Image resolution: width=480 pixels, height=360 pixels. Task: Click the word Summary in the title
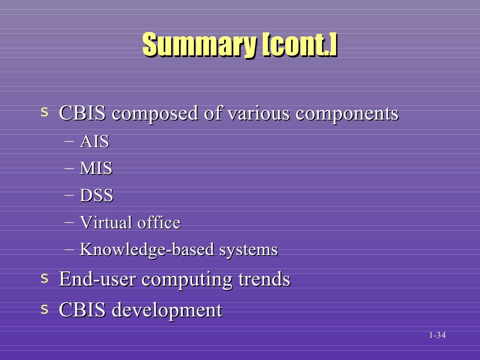click(200, 45)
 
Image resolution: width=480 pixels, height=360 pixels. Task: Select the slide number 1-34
click(436, 335)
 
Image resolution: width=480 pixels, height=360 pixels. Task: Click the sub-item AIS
click(94, 142)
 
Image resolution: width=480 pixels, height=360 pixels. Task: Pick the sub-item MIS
click(96, 168)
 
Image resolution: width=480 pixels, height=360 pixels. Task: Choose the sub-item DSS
click(97, 195)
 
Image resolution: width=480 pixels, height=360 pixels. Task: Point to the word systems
click(248, 249)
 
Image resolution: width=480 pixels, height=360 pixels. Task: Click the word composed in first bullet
click(154, 114)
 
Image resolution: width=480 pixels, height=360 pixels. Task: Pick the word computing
click(187, 280)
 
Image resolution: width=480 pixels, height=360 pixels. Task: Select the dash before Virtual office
click(69, 221)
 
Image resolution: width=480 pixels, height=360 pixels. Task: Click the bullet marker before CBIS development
click(45, 309)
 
